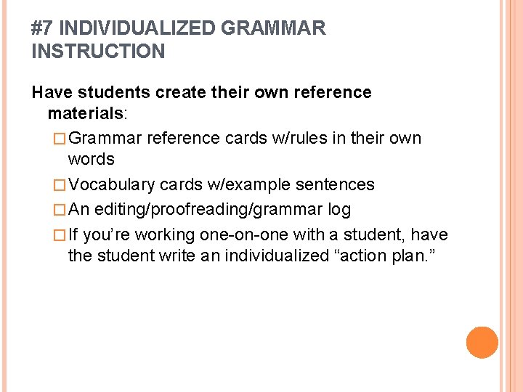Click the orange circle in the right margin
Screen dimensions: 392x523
[482, 343]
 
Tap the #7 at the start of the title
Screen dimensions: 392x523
[43, 29]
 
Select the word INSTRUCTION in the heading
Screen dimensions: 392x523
[99, 52]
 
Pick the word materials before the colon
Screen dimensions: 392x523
[86, 114]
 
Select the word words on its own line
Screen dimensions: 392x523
[91, 158]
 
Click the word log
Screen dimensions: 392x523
[339, 210]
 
